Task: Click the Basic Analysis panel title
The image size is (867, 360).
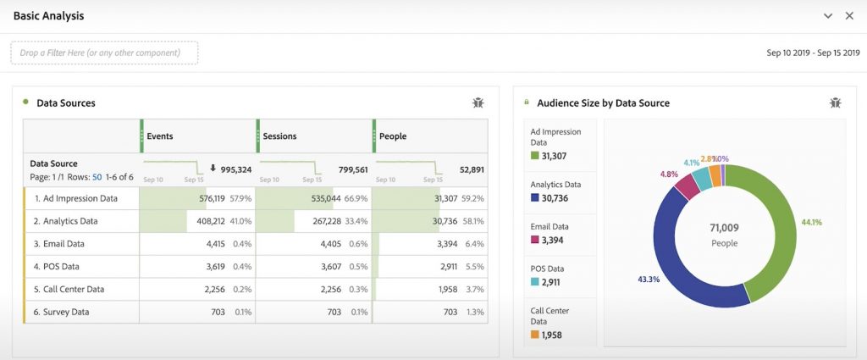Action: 48,16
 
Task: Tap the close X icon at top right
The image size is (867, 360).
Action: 849,16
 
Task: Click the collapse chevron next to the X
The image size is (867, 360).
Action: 828,16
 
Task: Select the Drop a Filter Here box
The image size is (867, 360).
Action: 104,53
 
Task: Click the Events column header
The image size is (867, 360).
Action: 160,136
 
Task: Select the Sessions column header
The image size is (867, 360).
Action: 279,136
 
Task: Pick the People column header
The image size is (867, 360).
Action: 393,136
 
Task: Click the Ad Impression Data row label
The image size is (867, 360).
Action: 75,198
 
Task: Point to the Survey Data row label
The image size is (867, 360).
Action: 62,312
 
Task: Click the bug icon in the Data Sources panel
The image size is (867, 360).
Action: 478,102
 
